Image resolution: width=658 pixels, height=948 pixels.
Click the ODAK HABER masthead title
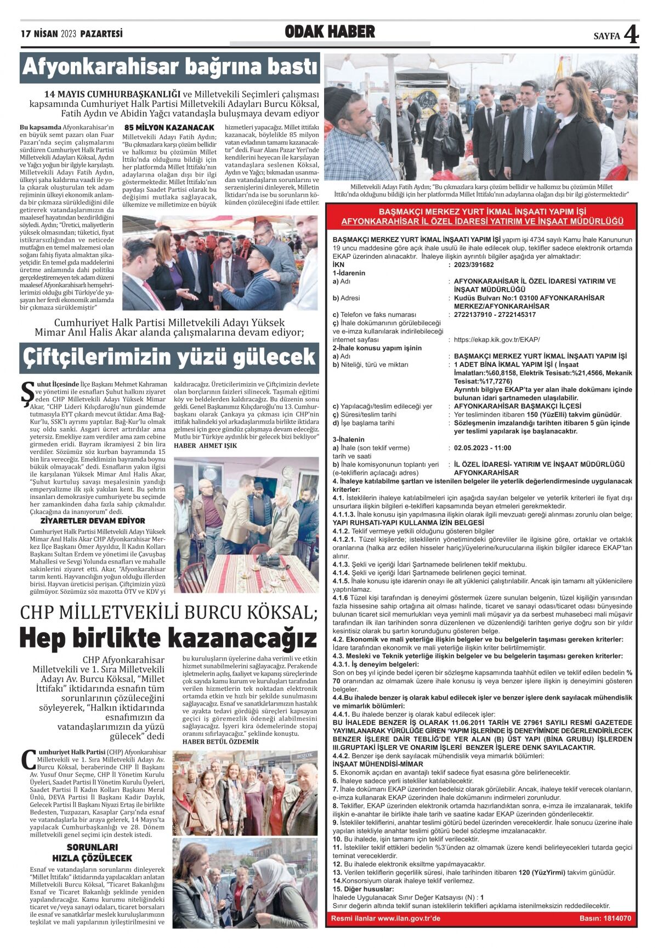[x=330, y=32]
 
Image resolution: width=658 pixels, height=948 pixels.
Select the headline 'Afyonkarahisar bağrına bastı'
[x=170, y=67]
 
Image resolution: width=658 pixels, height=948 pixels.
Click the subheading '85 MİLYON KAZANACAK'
[x=169, y=128]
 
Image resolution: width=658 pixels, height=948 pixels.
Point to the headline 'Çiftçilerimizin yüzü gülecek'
[x=169, y=357]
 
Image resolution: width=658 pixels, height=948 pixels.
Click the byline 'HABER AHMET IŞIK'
[x=205, y=445]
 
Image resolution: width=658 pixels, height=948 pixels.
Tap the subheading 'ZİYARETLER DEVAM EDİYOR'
[x=93, y=520]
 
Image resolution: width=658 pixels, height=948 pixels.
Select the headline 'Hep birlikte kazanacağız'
[x=168, y=638]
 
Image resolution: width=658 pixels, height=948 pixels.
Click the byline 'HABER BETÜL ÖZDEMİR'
[x=220, y=742]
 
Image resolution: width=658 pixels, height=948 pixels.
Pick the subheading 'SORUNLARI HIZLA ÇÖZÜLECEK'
[x=92, y=853]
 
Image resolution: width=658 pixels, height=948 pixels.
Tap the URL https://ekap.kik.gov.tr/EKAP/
[x=497, y=339]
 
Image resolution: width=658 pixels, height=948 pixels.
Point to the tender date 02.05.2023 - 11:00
[x=483, y=448]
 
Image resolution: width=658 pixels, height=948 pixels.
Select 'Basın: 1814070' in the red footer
[x=605, y=918]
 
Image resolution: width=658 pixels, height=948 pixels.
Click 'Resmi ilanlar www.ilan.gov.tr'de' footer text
[x=385, y=918]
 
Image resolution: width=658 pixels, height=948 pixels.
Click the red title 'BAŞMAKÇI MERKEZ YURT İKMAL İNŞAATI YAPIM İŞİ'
[x=482, y=212]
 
